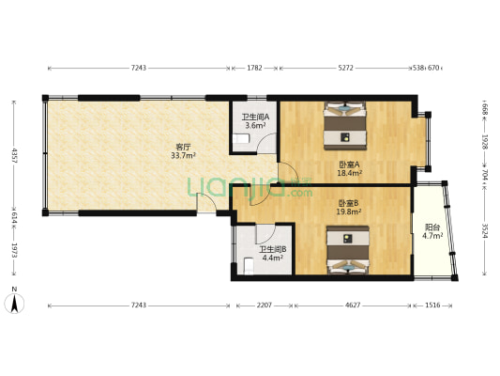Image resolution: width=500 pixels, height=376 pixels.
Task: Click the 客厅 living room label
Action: click(183, 148)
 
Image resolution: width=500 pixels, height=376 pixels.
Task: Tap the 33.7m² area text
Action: click(183, 156)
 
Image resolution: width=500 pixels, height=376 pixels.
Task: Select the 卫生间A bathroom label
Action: click(255, 117)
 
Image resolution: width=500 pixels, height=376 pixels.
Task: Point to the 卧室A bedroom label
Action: click(349, 164)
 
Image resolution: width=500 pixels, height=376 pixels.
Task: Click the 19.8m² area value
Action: click(349, 211)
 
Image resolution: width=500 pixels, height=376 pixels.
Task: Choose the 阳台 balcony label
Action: click(432, 227)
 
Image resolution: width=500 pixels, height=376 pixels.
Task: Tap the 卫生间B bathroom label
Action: click(273, 249)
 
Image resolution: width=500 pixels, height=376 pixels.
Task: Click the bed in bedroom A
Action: click(344, 126)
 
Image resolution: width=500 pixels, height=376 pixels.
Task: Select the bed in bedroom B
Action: click(348, 250)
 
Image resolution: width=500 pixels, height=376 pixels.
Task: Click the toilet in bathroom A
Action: click(241, 138)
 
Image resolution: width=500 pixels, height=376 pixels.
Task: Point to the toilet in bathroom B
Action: click(249, 266)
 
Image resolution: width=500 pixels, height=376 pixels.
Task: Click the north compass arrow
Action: click(14, 304)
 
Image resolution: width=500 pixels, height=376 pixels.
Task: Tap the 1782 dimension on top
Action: click(255, 68)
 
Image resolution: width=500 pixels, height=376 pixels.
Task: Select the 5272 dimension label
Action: click(345, 68)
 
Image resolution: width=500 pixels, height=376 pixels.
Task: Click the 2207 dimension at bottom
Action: click(265, 305)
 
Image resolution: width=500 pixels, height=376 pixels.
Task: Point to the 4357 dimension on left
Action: click(14, 156)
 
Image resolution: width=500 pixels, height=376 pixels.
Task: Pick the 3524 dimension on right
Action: click(484, 230)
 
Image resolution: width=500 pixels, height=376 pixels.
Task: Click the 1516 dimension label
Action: click(432, 305)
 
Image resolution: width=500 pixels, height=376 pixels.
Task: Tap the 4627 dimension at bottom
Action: click(353, 305)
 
